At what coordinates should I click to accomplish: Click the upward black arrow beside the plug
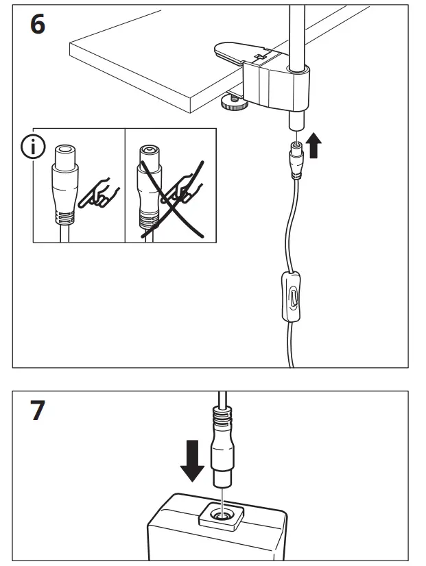[314, 146]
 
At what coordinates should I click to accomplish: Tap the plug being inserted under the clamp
[296, 157]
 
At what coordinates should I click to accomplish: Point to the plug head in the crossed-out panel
[150, 161]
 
